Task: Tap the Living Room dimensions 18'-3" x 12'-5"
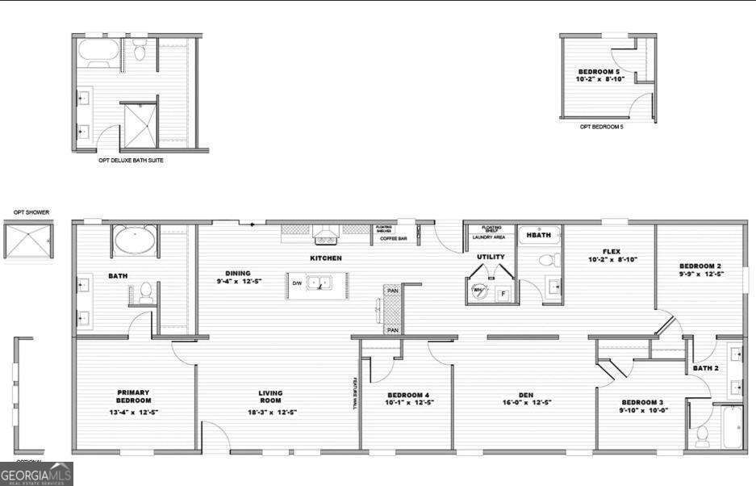coord(270,412)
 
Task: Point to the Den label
coord(526,395)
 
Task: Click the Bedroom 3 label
coord(642,402)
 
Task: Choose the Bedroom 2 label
coord(700,266)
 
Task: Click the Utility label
coord(491,257)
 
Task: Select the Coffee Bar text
coord(393,239)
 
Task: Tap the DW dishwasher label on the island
coord(297,283)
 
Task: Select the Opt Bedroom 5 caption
coord(602,126)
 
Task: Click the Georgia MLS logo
coord(36,474)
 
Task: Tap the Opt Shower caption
coord(31,212)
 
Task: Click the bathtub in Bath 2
coord(733,426)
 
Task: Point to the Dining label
coord(238,273)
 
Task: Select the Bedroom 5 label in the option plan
coord(602,72)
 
